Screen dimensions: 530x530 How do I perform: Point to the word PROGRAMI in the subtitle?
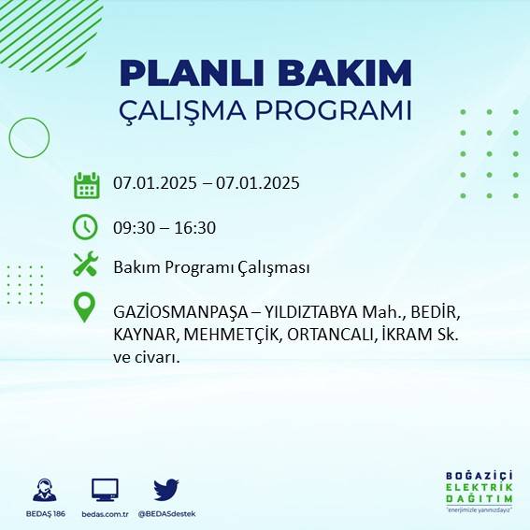coord(337,109)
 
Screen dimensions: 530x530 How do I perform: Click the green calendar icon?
coord(86,185)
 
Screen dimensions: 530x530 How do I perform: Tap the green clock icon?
coord(85,226)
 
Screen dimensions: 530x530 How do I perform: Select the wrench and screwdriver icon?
coord(85,265)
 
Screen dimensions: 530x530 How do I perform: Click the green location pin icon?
coord(85,308)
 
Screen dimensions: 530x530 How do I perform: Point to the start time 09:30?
coord(134,227)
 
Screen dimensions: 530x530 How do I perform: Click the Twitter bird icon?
coord(166,490)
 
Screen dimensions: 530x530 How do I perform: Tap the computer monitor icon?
coord(105,490)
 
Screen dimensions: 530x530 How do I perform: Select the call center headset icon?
coord(44,490)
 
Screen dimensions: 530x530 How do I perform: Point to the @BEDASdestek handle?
coord(166,514)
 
